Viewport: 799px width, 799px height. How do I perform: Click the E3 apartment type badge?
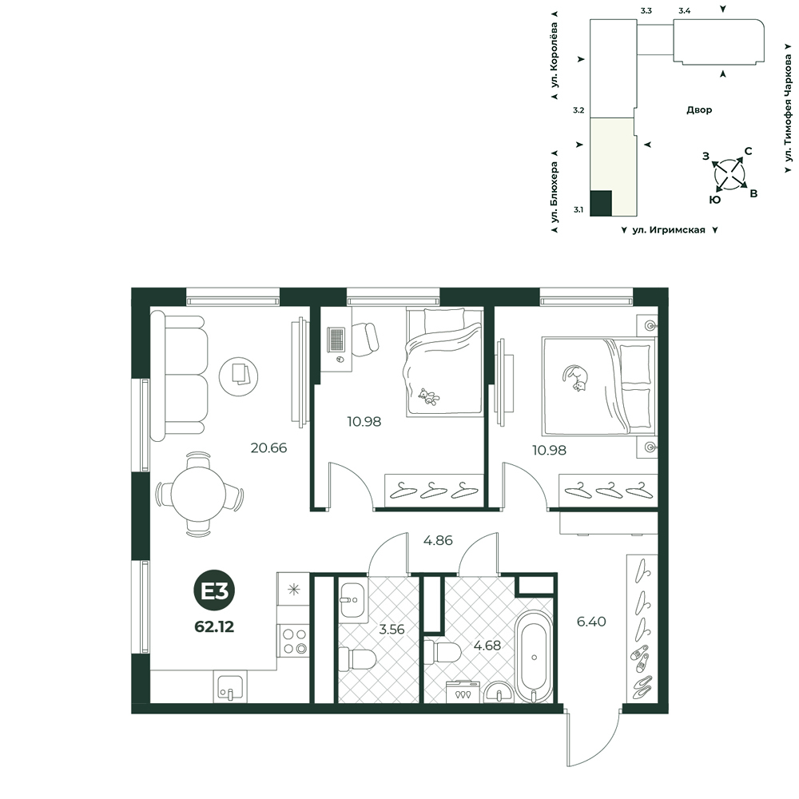(x=214, y=590)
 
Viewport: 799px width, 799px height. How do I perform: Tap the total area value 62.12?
(x=214, y=626)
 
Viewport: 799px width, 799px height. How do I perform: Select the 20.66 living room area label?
(x=268, y=448)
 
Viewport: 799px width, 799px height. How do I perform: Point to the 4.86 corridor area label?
(x=438, y=540)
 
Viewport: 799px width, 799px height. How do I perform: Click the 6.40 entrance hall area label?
(x=591, y=622)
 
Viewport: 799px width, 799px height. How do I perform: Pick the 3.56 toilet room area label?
(x=392, y=630)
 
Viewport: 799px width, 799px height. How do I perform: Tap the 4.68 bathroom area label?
(x=487, y=646)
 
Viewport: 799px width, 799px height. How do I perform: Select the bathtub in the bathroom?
(x=533, y=656)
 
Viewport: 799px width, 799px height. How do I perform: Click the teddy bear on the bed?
(x=428, y=396)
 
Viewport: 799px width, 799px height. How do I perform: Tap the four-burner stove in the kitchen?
(x=293, y=641)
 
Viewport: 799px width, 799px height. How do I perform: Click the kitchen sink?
(x=230, y=686)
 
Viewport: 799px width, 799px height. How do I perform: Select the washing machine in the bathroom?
(x=462, y=692)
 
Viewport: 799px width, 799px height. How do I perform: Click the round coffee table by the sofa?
(x=238, y=377)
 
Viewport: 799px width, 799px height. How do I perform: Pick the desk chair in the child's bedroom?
(x=365, y=339)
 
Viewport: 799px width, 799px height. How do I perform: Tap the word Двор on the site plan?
(x=699, y=109)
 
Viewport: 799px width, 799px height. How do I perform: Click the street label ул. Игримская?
(x=669, y=230)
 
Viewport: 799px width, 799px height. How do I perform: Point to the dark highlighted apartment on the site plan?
(x=601, y=203)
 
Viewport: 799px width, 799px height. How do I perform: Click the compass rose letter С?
(x=748, y=151)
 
